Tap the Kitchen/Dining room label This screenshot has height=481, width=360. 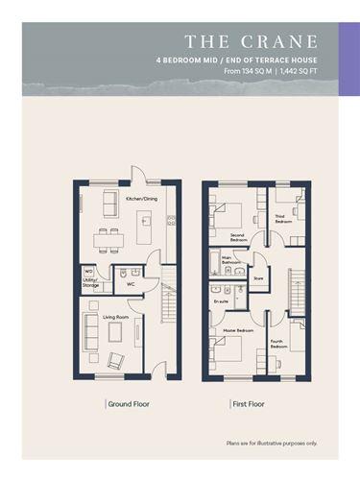click(142, 199)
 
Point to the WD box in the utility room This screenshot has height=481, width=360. click(88, 272)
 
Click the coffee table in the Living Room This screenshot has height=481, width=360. click(114, 332)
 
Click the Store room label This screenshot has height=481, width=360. click(257, 278)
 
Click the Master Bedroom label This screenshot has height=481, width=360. click(237, 331)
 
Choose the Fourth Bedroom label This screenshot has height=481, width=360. click(277, 343)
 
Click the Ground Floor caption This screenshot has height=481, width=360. click(128, 405)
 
